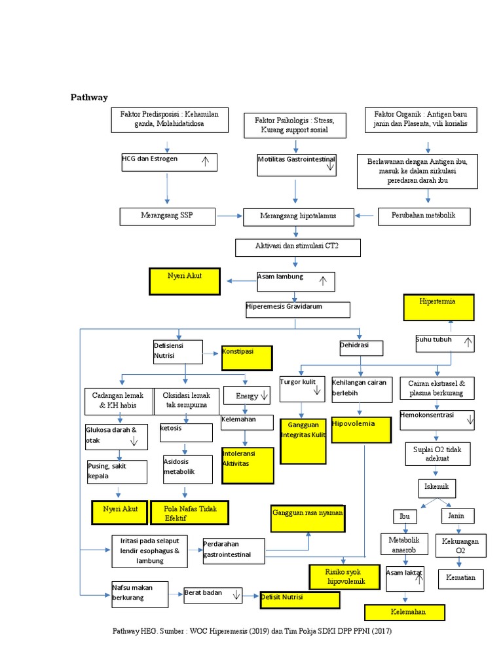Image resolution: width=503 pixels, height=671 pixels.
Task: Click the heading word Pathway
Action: tap(88, 98)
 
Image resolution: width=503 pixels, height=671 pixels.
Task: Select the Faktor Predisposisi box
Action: tap(169, 119)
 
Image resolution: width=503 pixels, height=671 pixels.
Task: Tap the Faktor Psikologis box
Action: tap(294, 125)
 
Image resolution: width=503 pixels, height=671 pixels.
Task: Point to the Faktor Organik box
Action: tap(420, 119)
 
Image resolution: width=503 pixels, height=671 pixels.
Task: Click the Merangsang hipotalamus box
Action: tap(298, 216)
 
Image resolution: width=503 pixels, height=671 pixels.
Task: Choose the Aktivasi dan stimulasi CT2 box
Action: tap(297, 247)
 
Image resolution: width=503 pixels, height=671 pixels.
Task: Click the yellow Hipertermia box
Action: tap(438, 307)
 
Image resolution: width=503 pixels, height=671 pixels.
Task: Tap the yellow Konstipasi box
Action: tap(246, 357)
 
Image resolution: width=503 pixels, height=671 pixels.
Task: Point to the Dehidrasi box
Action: tap(360, 347)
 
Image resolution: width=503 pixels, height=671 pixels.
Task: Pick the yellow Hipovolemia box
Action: tap(361, 430)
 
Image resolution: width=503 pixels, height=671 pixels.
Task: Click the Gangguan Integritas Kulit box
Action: tap(302, 440)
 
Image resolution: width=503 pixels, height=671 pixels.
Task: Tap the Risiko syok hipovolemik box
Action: tap(344, 577)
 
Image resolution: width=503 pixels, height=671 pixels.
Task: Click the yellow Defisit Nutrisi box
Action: tap(299, 600)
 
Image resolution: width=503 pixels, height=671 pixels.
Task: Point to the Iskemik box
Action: tap(437, 488)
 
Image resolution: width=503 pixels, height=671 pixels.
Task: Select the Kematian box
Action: tap(462, 578)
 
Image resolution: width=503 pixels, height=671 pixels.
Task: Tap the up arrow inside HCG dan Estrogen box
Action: tap(205, 162)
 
